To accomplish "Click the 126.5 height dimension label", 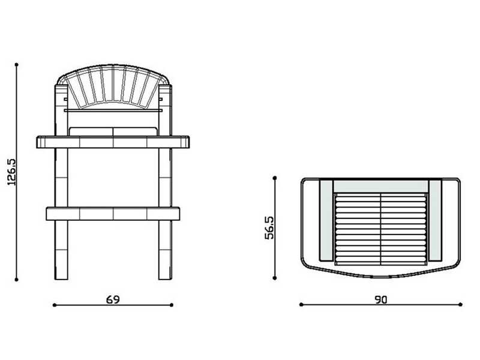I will point(11,172).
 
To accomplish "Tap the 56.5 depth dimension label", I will point(269,229).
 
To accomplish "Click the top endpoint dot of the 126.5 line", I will point(17,64).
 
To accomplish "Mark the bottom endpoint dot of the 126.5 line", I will point(17,279).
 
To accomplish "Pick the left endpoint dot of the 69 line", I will point(54,305).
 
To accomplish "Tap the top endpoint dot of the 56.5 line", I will point(275,177).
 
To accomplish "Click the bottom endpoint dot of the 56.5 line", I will point(275,278).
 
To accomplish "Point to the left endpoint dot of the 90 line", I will point(301,305).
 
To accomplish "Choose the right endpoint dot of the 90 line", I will point(461,305).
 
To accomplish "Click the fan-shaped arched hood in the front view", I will point(113,87).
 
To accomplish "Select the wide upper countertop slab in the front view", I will point(113,142).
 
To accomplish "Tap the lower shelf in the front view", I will point(113,213).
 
